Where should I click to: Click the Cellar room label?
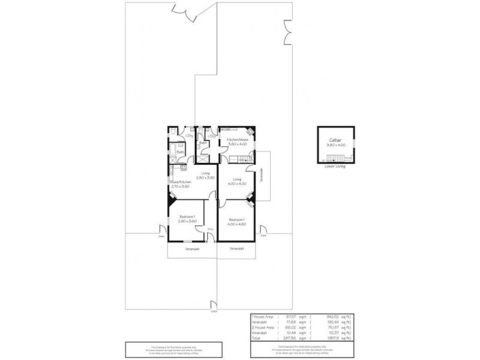click(x=335, y=139)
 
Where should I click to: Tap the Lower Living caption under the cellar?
click(x=335, y=167)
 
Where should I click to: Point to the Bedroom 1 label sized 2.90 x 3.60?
click(x=187, y=218)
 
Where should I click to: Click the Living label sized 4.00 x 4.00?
click(x=236, y=181)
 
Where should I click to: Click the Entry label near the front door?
click(x=210, y=229)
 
